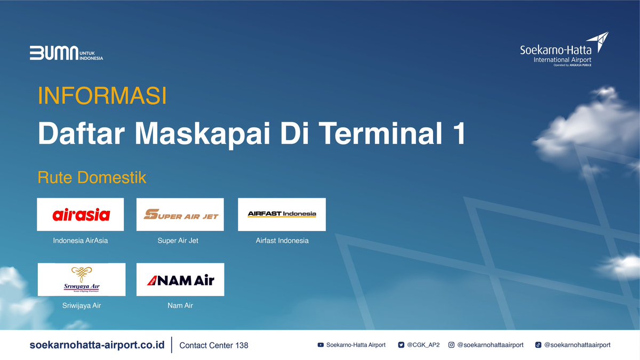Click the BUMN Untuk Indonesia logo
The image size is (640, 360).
(x=66, y=53)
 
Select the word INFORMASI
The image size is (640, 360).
(x=102, y=96)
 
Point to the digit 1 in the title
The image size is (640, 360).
(x=458, y=134)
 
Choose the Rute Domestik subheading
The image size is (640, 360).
(x=92, y=178)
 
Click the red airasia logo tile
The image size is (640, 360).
(x=81, y=214)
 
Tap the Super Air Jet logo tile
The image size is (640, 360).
(x=180, y=214)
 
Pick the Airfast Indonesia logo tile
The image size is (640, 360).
(x=282, y=214)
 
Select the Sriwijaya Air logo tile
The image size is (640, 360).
(x=81, y=279)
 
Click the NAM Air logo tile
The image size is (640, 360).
(x=180, y=279)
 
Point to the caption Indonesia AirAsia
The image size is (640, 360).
(x=81, y=241)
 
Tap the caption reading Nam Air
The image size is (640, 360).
(x=180, y=306)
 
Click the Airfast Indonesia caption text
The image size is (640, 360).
(x=282, y=241)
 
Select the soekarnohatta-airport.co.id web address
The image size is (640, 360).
(x=97, y=345)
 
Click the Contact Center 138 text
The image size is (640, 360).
(x=214, y=346)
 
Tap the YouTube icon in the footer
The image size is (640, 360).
(x=321, y=345)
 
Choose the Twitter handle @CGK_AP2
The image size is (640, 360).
(x=423, y=345)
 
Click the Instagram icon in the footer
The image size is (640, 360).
(x=451, y=345)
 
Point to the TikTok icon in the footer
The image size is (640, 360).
(x=538, y=345)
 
